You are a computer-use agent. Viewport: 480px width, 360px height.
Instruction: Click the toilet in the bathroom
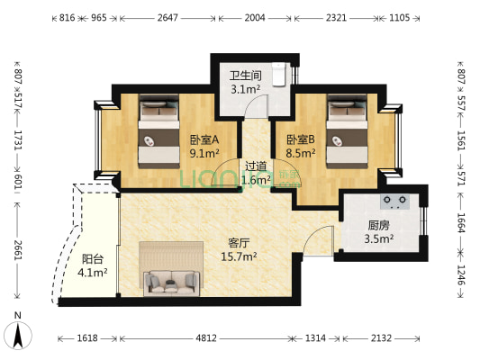(279, 75)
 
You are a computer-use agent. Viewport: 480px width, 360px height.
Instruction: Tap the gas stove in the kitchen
(395, 202)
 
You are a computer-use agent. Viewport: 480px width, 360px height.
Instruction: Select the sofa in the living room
(171, 283)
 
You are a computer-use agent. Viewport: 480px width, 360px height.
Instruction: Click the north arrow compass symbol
(18, 336)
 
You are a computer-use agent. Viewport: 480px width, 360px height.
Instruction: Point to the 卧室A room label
(204, 140)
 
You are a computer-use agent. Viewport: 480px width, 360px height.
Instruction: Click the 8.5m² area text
(301, 153)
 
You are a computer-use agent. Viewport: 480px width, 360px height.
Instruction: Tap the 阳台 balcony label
(93, 259)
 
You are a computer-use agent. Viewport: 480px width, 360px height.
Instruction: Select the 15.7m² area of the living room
(239, 256)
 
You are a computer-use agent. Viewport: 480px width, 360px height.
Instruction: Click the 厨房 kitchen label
(378, 226)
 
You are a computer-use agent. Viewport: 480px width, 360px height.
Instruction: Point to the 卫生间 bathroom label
(246, 76)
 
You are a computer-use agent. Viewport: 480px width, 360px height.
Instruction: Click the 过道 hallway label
(256, 166)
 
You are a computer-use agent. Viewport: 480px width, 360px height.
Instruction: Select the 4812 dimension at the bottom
(206, 338)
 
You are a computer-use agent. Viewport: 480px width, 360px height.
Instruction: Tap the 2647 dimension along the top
(168, 18)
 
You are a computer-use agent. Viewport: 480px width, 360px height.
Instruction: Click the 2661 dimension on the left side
(18, 250)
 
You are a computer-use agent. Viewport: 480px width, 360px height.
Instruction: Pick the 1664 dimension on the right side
(461, 222)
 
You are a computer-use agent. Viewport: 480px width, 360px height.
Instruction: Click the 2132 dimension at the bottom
(381, 338)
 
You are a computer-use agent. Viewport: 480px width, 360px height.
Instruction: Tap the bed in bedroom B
(347, 131)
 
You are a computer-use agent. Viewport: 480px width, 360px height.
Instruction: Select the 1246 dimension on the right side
(461, 274)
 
